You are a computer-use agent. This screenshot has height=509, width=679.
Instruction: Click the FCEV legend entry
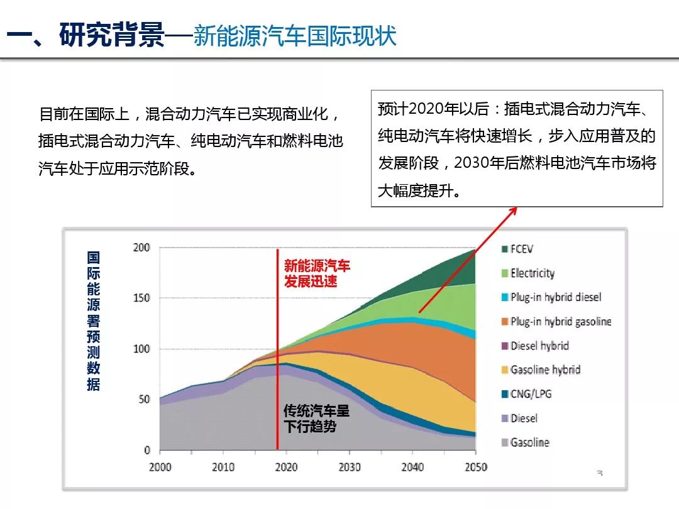[x=521, y=249]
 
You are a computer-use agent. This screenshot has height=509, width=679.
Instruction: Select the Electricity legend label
[x=532, y=273]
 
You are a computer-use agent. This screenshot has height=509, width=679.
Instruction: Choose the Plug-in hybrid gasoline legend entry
[x=560, y=321]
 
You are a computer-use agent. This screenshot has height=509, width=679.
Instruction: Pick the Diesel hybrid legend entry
[x=539, y=346]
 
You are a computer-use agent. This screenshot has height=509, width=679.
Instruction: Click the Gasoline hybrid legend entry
[x=545, y=369]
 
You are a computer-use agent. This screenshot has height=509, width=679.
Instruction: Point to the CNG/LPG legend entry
[x=531, y=394]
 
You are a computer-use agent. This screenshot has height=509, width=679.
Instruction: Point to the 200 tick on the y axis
[x=141, y=248]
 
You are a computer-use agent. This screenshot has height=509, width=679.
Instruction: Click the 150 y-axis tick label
[x=141, y=298]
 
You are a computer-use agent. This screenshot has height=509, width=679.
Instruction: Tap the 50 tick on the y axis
[x=144, y=399]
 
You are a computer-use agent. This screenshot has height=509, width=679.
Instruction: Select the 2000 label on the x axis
[x=160, y=468]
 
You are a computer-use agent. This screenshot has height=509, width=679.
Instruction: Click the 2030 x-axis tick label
[x=349, y=468]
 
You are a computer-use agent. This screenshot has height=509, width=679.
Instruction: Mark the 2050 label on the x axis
[x=475, y=468]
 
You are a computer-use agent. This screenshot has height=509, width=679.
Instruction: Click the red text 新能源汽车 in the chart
[x=317, y=266]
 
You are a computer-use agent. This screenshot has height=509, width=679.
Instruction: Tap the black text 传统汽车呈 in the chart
[x=316, y=412]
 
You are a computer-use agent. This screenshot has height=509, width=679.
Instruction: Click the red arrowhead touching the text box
[x=513, y=211]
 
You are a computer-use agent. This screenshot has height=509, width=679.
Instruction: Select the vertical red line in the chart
[x=277, y=352]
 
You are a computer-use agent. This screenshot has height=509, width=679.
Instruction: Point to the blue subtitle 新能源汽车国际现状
[x=295, y=36]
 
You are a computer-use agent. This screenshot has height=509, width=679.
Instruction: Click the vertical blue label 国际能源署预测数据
[x=94, y=321]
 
